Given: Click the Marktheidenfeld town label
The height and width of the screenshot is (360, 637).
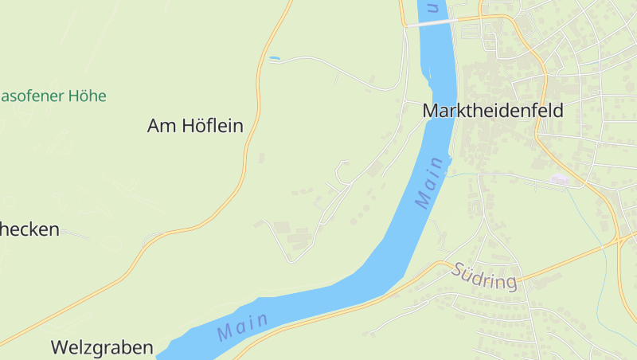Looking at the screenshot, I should pos(493,111).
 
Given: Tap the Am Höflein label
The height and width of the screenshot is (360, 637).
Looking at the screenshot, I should pos(195,126).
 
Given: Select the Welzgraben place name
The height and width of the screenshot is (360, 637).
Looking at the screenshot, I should pos(102,347).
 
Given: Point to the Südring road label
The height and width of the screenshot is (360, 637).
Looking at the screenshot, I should pos(484,276).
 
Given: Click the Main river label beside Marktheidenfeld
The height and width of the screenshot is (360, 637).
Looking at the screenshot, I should pos(429,182).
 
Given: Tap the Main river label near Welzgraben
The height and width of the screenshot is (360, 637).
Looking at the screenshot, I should pos(241,326).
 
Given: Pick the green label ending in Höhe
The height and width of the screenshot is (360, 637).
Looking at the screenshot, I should pos(53,96).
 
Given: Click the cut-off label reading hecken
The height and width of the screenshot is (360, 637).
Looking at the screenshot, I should pos(29,229).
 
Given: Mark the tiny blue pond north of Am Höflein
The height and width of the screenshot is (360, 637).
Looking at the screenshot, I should pos(275,58).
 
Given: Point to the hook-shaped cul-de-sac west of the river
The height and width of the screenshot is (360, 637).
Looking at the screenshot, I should pos(342,167).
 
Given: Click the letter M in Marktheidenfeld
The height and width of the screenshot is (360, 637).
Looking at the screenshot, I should pos(431,111).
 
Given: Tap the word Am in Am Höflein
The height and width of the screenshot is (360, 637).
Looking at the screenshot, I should pos(161,126).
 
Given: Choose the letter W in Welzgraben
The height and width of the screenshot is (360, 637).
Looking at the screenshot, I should pos(60,347).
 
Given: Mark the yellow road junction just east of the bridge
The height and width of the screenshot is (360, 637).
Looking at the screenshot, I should pos(481,16).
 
